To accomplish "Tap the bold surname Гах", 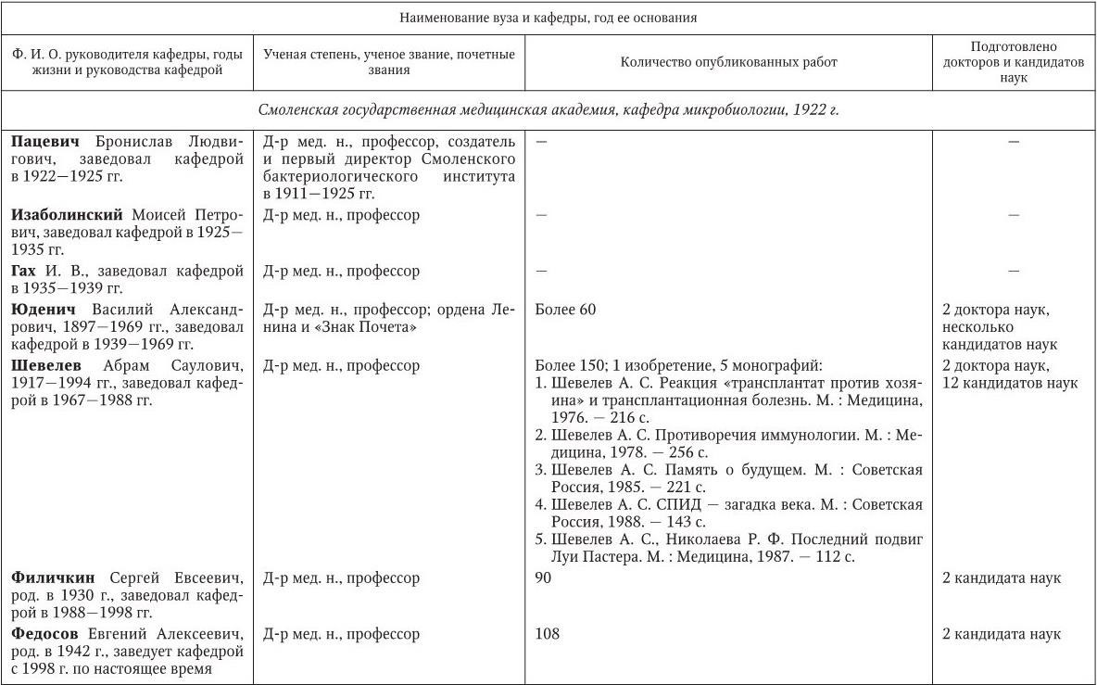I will tap(24, 272).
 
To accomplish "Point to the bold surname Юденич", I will tap(42, 310).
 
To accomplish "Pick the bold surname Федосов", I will tap(46, 635).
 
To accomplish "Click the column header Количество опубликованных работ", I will tap(728, 62).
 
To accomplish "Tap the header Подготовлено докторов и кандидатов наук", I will tap(1014, 62).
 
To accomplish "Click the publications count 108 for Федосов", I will tap(548, 635).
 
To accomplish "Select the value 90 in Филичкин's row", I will tap(544, 578).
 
